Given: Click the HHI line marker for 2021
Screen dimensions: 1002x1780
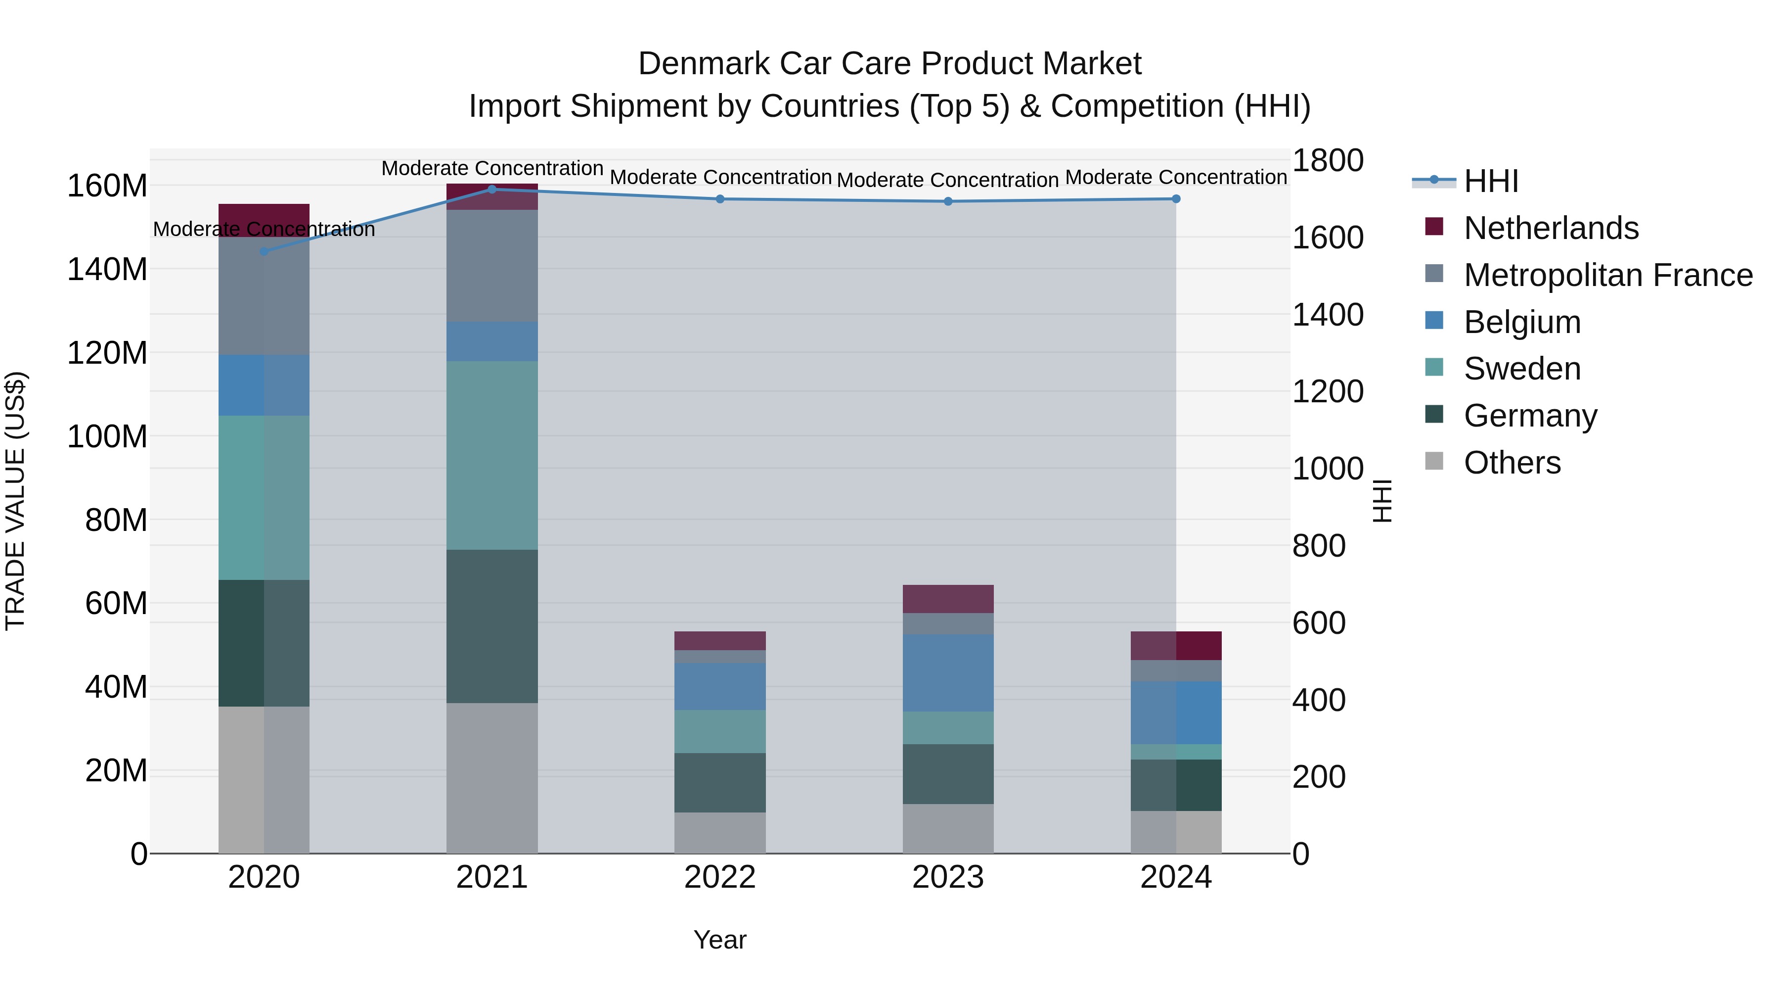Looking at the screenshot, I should click(492, 189).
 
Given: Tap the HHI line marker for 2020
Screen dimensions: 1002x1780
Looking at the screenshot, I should click(264, 251).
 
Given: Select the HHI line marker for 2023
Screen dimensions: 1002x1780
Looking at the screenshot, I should click(948, 201).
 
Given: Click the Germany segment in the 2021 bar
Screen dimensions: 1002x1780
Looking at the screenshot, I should click(492, 626).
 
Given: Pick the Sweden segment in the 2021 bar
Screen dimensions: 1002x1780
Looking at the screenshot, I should click(492, 455).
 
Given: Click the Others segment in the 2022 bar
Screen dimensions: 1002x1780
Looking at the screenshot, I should click(720, 833).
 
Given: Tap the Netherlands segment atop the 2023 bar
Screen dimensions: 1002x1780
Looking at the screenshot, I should click(948, 599).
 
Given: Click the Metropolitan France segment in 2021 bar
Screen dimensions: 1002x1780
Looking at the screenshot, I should click(492, 266).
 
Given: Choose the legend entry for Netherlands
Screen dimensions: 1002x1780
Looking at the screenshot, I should click(1551, 228).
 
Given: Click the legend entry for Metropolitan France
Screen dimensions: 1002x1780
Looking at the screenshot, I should click(1607, 275).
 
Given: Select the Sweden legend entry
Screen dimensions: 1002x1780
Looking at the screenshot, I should click(1521, 369).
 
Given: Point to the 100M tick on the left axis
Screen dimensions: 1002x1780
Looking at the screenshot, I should click(107, 436).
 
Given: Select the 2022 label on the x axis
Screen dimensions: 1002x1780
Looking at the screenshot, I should click(720, 877).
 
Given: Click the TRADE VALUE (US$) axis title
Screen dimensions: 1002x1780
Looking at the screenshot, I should click(15, 501).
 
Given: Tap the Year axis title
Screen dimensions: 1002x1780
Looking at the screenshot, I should click(720, 940).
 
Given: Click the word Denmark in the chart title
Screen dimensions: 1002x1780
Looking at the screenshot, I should click(704, 64).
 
